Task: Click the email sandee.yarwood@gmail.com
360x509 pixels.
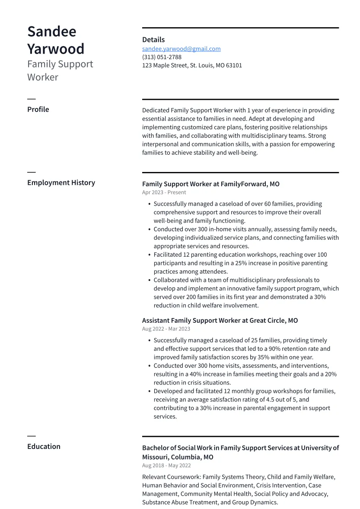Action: (x=181, y=49)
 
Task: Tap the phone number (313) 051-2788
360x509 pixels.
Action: (x=162, y=57)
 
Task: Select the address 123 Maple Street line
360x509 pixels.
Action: (x=192, y=65)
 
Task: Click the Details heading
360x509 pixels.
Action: (x=153, y=40)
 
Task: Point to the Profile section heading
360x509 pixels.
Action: (x=38, y=109)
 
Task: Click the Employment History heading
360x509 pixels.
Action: (x=61, y=182)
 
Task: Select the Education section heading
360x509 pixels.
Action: (x=44, y=446)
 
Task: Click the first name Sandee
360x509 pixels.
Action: (x=52, y=32)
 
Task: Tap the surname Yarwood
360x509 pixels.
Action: (x=56, y=49)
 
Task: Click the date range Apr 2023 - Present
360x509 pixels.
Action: (x=164, y=192)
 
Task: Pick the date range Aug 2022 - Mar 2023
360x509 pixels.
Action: (x=166, y=329)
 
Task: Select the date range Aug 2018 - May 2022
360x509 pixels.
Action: (x=166, y=465)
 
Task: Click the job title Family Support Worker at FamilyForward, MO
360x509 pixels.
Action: (x=210, y=184)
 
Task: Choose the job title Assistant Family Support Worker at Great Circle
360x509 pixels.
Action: (x=220, y=321)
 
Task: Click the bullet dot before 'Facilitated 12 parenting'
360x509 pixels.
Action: (x=149, y=255)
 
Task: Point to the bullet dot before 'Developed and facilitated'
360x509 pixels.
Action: (x=149, y=391)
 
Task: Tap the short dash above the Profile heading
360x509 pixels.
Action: (x=31, y=99)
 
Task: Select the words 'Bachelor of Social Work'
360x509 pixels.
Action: (x=177, y=448)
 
